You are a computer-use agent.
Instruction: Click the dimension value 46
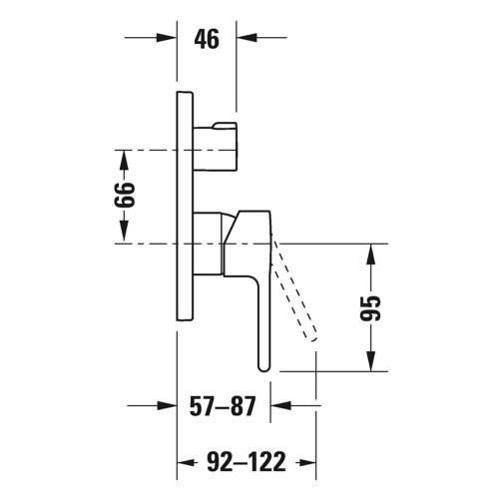pos(206,40)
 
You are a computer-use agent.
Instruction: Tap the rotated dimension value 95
pos(371,306)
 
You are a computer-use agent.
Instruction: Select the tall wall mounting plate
pos(184,205)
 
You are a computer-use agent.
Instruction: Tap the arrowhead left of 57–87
pos(168,407)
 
